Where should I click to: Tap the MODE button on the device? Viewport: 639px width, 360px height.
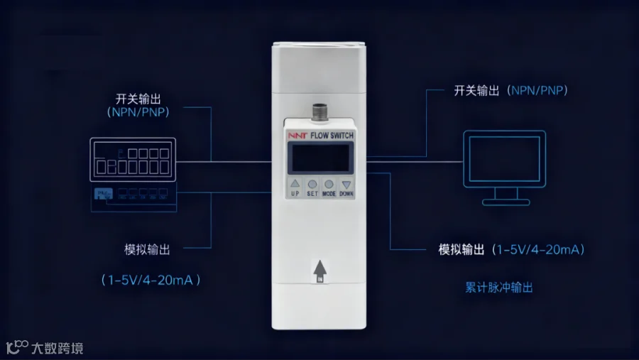329,185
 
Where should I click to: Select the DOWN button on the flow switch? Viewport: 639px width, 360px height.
346,185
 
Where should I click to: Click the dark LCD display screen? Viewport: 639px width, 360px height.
319,156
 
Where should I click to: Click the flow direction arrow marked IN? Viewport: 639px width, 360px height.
319,271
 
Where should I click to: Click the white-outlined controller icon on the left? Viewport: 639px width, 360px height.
133,160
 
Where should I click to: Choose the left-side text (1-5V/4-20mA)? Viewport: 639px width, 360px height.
151,280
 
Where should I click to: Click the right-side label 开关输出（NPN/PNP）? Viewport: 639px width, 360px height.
510,91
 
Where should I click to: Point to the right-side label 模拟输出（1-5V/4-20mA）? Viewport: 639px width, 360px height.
511,250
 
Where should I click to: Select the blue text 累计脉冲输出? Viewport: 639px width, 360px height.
498,288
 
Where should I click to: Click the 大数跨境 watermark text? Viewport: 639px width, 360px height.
58,348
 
